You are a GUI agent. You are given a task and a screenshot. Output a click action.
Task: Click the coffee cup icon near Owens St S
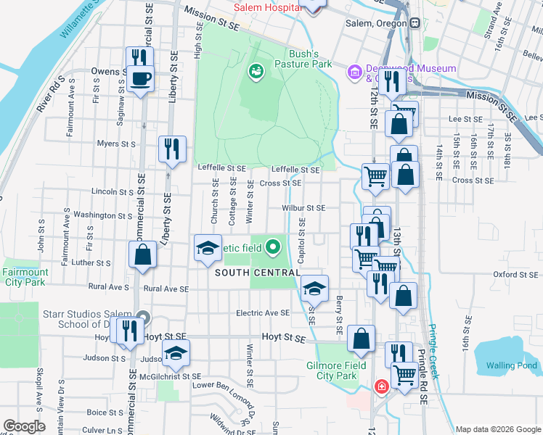[x=139, y=78]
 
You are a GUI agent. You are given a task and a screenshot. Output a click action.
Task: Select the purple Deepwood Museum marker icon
[x=355, y=71]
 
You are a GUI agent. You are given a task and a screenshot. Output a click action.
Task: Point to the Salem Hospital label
[x=268, y=7]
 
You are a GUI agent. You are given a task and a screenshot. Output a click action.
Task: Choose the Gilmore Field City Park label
[x=331, y=370]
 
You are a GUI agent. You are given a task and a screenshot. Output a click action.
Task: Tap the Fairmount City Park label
[x=25, y=277]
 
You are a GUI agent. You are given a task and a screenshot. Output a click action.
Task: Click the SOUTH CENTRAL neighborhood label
[x=257, y=273]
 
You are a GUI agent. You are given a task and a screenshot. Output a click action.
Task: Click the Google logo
[x=24, y=426]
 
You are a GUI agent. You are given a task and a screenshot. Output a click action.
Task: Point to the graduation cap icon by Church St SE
[x=208, y=248]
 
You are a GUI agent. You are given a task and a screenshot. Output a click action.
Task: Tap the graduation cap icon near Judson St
[x=176, y=353]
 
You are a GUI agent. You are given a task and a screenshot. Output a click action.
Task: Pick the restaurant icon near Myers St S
[x=172, y=149]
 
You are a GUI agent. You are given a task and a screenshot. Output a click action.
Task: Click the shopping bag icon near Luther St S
[x=143, y=254]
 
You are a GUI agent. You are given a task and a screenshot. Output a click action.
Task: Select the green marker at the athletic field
[x=273, y=248]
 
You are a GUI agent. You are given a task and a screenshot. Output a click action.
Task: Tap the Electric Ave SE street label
[x=262, y=313]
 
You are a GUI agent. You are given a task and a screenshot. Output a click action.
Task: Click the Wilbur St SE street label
[x=304, y=208]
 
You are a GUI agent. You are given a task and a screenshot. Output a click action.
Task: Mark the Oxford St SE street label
[x=515, y=275]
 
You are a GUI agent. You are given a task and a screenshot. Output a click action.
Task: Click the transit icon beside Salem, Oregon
[x=414, y=22]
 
